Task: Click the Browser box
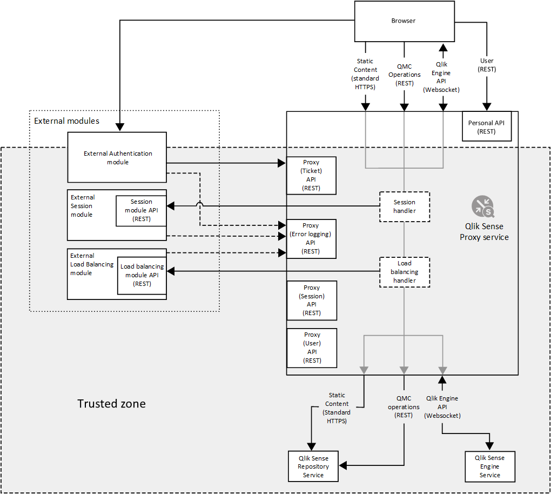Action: (404, 21)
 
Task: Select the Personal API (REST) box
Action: (486, 126)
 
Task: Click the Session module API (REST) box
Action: (142, 210)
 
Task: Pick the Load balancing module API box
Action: (142, 275)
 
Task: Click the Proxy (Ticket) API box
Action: (311, 175)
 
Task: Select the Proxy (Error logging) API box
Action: (311, 238)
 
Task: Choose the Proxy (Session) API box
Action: (312, 301)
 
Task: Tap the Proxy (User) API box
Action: (312, 348)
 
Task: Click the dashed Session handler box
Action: (405, 206)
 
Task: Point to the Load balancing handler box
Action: (405, 272)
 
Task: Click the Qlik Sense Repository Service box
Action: (313, 466)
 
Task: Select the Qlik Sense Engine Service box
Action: (489, 466)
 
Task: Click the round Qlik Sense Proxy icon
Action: (483, 206)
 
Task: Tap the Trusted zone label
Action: (111, 404)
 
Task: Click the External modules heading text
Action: (66, 121)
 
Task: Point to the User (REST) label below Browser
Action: (487, 65)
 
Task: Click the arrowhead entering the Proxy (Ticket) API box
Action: (282, 163)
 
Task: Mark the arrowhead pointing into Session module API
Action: (171, 206)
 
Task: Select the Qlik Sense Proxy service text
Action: (484, 232)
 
